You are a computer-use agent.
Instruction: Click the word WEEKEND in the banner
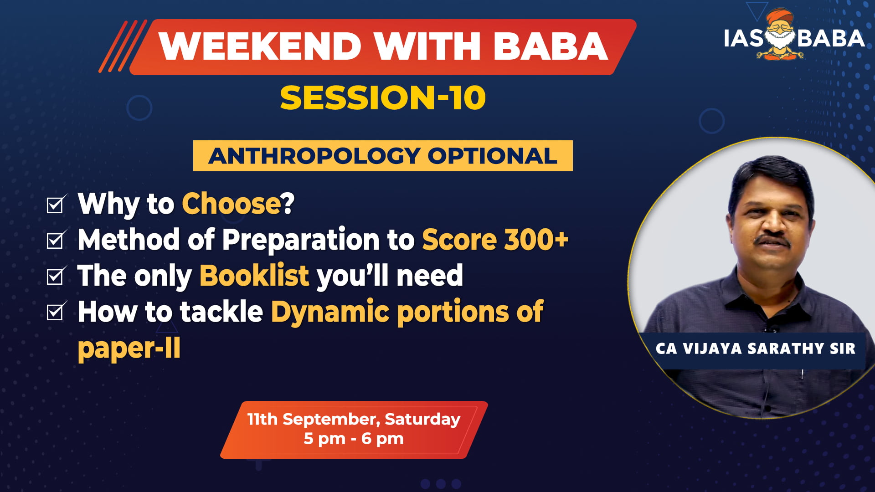coord(260,46)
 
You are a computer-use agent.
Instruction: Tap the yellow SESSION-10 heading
coord(383,98)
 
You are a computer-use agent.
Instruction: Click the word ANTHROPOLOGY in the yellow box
coord(314,156)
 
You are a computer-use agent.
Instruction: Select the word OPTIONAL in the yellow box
coord(492,156)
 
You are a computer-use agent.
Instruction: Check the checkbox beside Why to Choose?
coord(56,204)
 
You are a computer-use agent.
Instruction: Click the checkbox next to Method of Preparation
coord(56,240)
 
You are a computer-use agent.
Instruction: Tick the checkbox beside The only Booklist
coord(56,276)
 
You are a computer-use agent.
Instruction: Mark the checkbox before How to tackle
coord(56,312)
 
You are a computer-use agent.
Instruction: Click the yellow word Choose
coord(232,203)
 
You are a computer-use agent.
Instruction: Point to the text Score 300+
coord(495,240)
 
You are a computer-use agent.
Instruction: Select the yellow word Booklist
coord(254,276)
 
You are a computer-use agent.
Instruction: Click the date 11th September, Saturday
coord(354,420)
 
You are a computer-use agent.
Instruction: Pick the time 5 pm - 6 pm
coord(354,439)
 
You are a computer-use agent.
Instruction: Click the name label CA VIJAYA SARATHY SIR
coord(755,349)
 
